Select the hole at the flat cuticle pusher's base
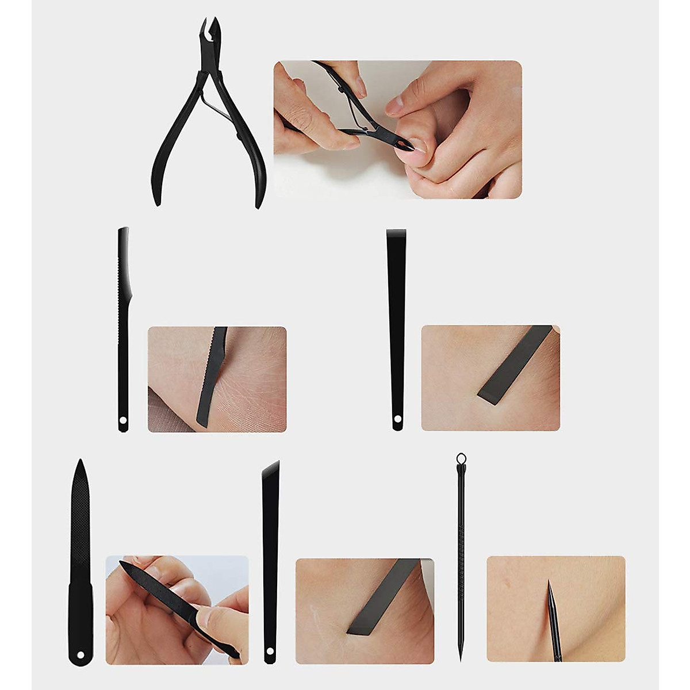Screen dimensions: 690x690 tap(397, 425)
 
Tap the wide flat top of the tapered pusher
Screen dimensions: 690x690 tap(396, 233)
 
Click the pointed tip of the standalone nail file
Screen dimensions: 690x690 tap(81, 463)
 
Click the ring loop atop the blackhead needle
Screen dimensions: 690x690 tap(461, 458)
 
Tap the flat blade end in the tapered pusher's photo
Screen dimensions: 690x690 tap(489, 391)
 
